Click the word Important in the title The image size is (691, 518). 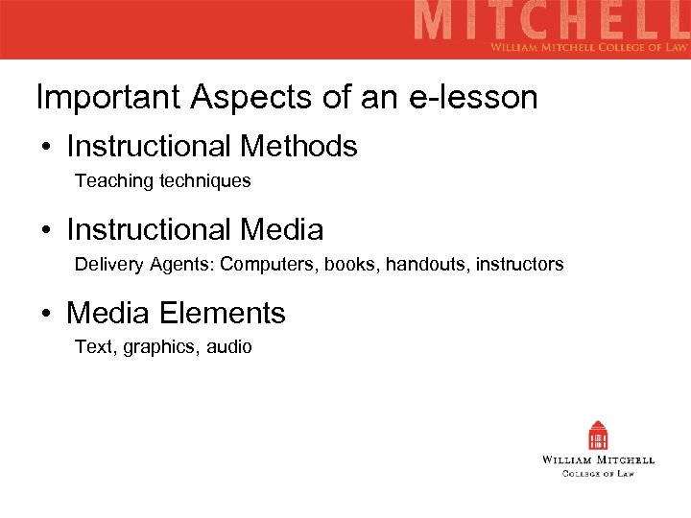[107, 97]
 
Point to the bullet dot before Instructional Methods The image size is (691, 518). [46, 148]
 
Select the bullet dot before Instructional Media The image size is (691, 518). [46, 231]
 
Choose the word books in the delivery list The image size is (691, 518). [351, 264]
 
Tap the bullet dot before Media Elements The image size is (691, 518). [46, 315]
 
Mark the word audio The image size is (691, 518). [229, 347]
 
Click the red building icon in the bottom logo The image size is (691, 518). [599, 436]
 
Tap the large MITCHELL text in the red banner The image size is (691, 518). [551, 22]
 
